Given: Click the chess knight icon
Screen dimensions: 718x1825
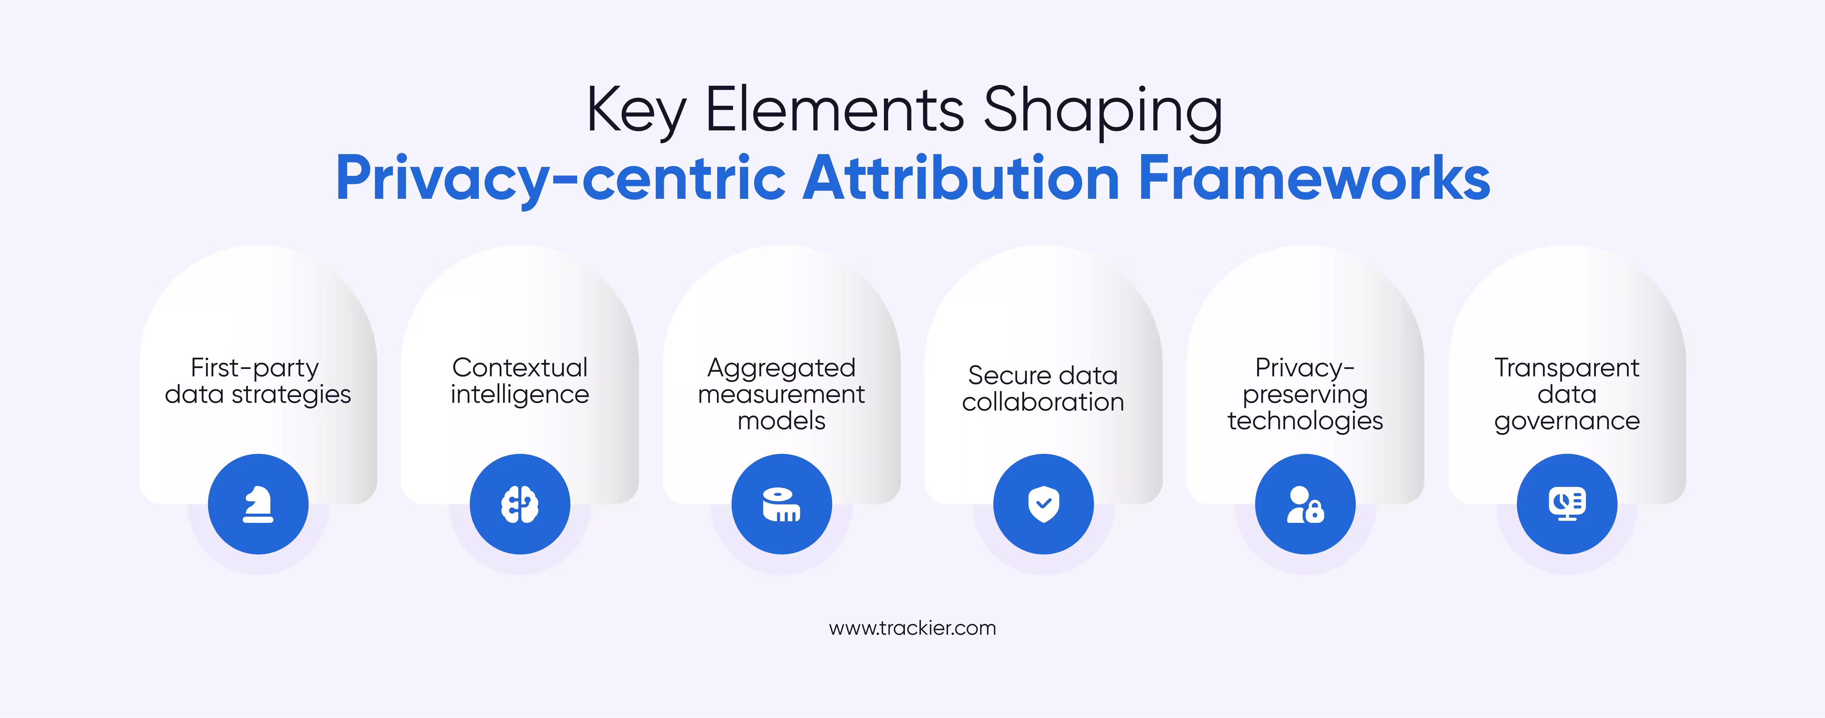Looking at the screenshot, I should (258, 504).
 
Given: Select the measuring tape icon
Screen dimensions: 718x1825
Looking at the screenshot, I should (781, 504).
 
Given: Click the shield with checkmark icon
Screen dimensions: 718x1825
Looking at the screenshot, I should (1044, 504).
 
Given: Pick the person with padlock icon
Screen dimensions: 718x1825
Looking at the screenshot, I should (1305, 504).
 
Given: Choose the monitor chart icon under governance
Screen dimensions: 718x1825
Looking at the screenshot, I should (1567, 504).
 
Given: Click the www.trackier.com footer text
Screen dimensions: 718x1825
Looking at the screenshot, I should (912, 628).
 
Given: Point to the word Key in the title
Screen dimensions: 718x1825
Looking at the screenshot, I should (635, 111).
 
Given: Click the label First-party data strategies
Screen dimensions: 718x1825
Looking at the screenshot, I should (258, 381).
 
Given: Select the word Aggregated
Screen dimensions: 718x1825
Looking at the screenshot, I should (781, 368).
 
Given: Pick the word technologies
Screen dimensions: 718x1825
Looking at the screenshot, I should (1305, 421).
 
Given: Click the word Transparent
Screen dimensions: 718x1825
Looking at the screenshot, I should (1567, 368).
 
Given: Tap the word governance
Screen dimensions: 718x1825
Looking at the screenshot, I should (1567, 421).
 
